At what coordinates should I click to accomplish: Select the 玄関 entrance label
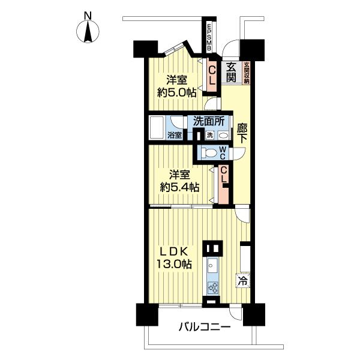pos(232,72)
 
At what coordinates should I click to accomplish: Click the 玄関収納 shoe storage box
pos(246,73)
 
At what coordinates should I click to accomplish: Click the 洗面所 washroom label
pos(208,121)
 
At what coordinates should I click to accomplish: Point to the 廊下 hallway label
pos(241,133)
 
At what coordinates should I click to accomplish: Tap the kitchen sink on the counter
pos(212,263)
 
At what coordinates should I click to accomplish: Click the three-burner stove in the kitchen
pos(212,287)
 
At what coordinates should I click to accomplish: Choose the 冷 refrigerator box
pos(243,280)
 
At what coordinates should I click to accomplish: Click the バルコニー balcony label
pos(204,328)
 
